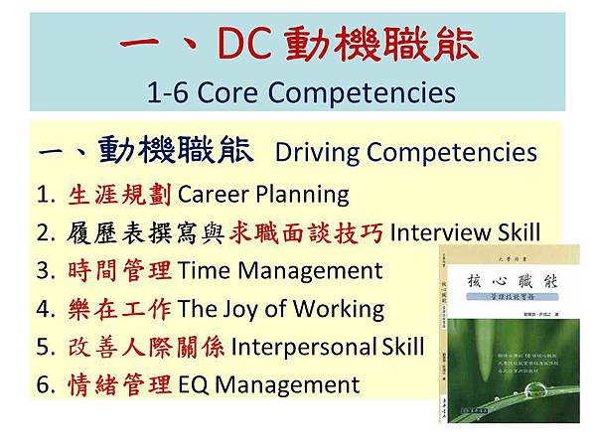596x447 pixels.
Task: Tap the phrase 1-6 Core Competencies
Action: coord(300,92)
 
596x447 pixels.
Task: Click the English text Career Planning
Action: coord(263,195)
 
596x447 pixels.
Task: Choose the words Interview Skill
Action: coord(465,232)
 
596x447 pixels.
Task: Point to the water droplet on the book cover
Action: coord(539,389)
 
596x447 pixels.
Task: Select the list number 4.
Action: coord(44,308)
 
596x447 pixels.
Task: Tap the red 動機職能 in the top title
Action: coord(380,44)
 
